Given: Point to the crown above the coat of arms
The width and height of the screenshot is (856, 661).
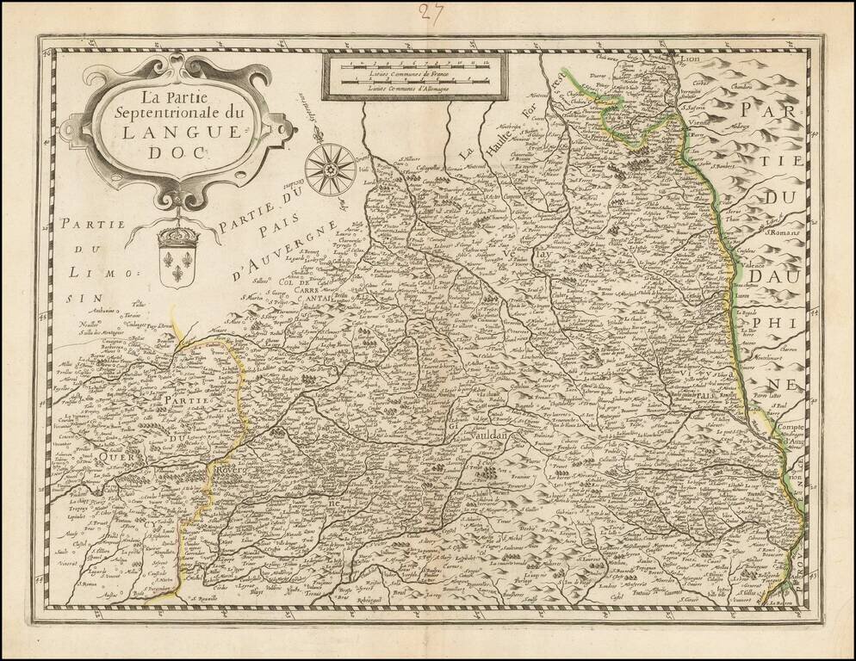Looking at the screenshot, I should [x=178, y=233].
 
